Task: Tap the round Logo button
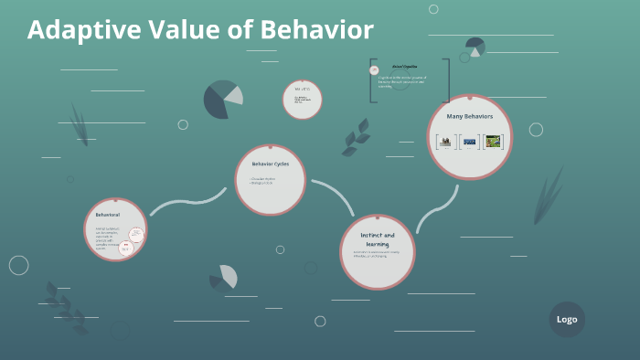pos(567,319)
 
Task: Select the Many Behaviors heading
pos(469,117)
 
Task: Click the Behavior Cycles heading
pos(270,164)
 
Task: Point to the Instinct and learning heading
pos(377,239)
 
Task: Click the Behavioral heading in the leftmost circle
pos(107,215)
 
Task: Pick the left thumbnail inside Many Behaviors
pos(445,142)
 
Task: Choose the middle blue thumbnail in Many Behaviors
pos(470,142)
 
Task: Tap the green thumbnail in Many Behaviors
pos(494,142)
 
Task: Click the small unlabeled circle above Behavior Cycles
pos(302,100)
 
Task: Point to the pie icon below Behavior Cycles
pos(223,277)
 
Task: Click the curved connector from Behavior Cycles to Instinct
pos(336,194)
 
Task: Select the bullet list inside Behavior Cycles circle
pos(264,181)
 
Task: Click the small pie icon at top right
pos(475,48)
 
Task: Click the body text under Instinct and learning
pos(376,255)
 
